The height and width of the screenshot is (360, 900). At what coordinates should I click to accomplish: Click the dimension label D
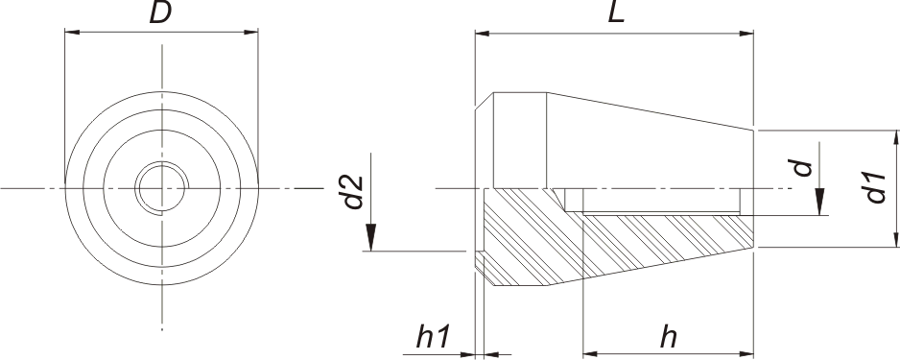point(161,12)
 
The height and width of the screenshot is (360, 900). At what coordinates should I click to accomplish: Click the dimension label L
point(615,12)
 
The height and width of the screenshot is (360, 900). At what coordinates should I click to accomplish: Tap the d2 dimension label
point(354,192)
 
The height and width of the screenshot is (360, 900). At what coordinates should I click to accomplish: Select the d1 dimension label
point(876,187)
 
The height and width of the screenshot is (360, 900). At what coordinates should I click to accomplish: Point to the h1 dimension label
point(434,338)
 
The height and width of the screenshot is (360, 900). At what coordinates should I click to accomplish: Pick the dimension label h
point(668,338)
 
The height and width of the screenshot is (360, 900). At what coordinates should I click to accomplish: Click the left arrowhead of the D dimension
point(72,32)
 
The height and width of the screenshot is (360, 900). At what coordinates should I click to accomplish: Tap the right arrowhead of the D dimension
point(250,32)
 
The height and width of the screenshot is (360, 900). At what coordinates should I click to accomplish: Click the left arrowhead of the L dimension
point(483,34)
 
